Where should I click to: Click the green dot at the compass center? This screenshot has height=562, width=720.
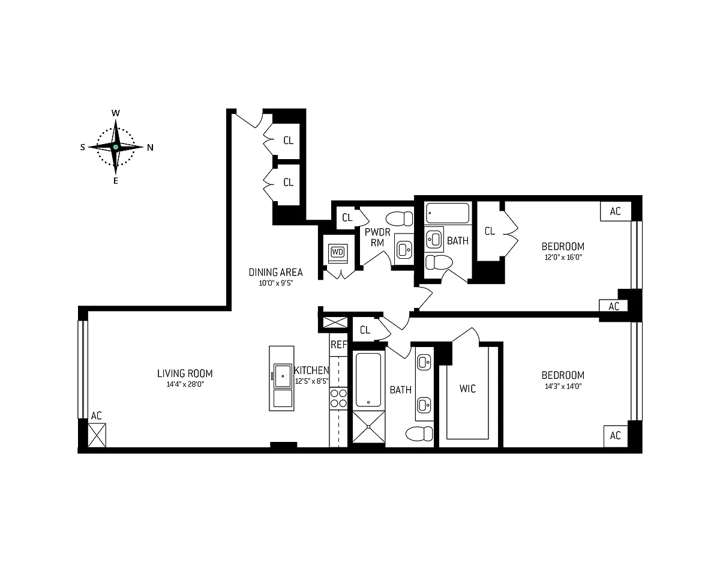tap(116, 147)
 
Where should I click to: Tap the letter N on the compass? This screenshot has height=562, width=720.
tap(150, 148)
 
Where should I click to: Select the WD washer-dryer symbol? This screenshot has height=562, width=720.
tap(338, 252)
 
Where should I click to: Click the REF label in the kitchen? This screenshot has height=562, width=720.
tap(338, 345)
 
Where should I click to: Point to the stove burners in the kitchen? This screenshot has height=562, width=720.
tap(338, 398)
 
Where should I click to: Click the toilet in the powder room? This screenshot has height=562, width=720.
tap(399, 219)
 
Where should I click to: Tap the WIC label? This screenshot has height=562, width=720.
tap(467, 388)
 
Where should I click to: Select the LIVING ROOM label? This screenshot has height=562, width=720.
tap(185, 373)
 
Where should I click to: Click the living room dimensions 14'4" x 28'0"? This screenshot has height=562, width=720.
tap(185, 384)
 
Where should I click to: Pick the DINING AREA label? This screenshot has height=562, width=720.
tap(275, 273)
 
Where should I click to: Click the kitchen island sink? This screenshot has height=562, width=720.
tap(283, 376)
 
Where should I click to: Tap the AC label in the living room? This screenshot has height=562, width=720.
tap(97, 415)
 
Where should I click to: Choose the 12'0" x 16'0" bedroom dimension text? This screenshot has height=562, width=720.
tap(563, 258)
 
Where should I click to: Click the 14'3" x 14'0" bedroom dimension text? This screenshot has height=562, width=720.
tap(563, 386)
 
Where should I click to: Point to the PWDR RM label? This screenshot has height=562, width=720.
tap(377, 237)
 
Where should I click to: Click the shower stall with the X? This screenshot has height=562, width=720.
tap(369, 427)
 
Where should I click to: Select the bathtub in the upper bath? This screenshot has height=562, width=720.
tap(448, 213)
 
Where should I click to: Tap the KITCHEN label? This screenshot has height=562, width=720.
tap(311, 370)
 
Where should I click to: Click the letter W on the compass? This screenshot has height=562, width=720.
tap(116, 113)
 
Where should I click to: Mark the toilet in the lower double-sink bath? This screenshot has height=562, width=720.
tap(419, 434)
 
